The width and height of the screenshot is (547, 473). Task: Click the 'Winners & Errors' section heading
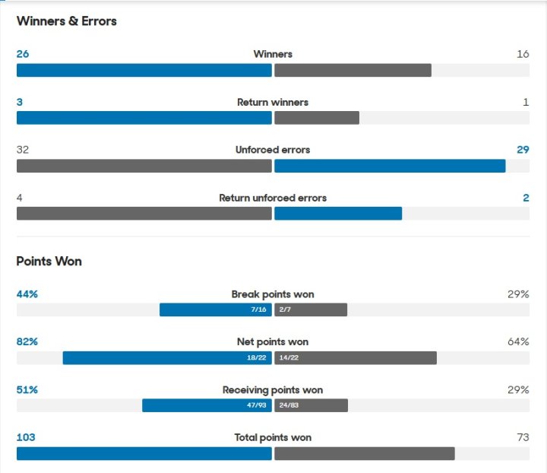click(67, 21)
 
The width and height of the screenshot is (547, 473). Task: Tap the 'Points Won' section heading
click(49, 261)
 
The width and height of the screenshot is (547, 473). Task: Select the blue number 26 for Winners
click(23, 54)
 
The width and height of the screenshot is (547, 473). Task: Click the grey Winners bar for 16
click(353, 70)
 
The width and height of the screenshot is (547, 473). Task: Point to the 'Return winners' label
click(273, 102)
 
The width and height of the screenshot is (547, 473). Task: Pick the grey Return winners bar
click(317, 118)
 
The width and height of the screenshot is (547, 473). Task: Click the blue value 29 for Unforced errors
click(523, 150)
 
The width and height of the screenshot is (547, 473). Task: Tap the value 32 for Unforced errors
click(23, 150)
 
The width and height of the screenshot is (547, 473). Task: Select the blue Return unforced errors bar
click(338, 214)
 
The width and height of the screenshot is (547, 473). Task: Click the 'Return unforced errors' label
click(273, 198)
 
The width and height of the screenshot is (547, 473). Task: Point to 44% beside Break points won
click(27, 294)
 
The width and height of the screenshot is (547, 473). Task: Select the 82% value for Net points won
click(27, 342)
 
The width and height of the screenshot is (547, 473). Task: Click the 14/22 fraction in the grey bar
click(288, 358)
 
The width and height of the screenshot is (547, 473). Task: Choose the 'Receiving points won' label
click(273, 390)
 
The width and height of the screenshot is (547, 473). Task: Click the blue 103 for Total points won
click(26, 437)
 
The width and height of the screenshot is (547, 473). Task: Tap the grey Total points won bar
click(365, 453)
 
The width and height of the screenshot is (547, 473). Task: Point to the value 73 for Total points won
click(523, 437)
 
